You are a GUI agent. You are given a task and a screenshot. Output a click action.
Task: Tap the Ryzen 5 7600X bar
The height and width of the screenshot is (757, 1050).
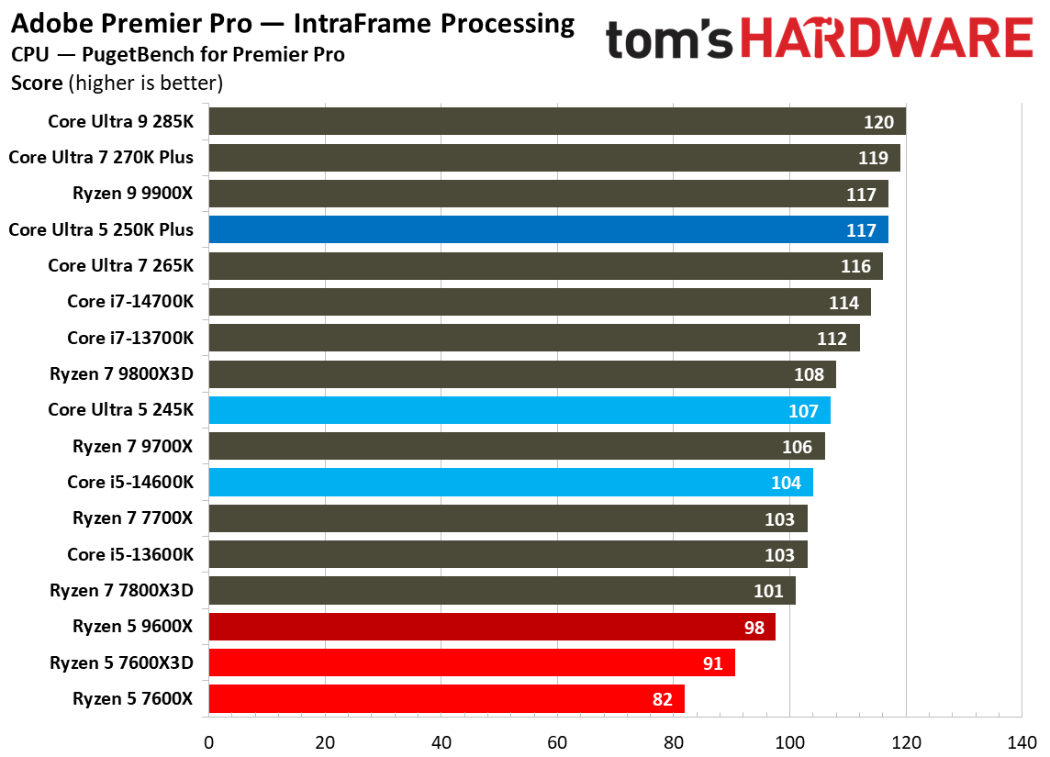pyautogui.click(x=446, y=698)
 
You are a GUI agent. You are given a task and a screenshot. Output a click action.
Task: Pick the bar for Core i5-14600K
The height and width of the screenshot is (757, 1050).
pyautogui.click(x=510, y=483)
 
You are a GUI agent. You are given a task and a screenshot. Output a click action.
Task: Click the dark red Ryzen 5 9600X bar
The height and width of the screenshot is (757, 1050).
pyautogui.click(x=492, y=627)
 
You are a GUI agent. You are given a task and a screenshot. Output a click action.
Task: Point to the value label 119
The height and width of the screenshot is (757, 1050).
pyautogui.click(x=873, y=158)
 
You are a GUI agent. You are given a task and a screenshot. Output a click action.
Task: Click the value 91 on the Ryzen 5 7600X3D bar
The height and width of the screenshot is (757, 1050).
pyautogui.click(x=713, y=662)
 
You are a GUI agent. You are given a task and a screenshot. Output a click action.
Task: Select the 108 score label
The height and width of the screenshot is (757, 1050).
pyautogui.click(x=809, y=374)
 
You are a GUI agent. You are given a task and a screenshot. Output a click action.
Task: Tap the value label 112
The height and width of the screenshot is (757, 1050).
pyautogui.click(x=832, y=339)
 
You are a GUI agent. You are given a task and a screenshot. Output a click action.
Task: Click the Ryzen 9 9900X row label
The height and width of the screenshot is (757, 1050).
pyautogui.click(x=133, y=194)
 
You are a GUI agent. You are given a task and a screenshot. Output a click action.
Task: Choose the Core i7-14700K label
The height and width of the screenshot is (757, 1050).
pyautogui.click(x=130, y=302)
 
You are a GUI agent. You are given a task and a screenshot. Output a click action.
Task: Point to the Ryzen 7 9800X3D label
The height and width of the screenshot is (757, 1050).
pyautogui.click(x=122, y=373)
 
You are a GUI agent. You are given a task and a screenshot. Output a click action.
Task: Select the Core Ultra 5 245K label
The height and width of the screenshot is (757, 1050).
pyautogui.click(x=121, y=410)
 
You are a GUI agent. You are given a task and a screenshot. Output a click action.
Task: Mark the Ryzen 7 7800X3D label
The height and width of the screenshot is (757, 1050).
pyautogui.click(x=122, y=590)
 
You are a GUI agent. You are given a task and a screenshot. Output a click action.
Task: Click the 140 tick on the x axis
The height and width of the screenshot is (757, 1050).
pyautogui.click(x=1022, y=740)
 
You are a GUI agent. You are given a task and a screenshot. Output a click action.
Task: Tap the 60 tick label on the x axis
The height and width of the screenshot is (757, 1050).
pyautogui.click(x=557, y=740)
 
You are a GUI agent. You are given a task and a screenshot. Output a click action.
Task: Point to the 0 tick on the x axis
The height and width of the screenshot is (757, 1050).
pyautogui.click(x=209, y=740)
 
